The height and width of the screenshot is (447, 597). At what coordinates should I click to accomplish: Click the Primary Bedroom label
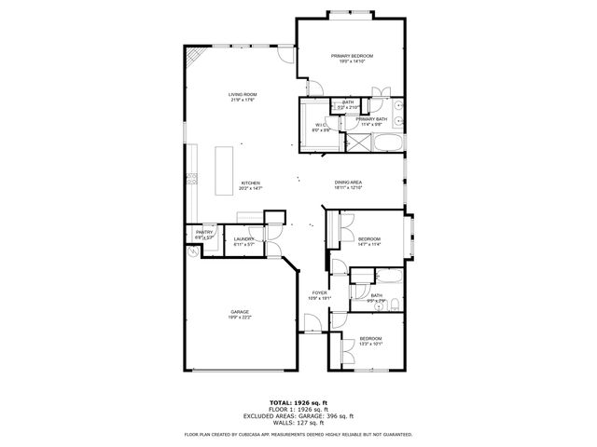[x=352, y=56]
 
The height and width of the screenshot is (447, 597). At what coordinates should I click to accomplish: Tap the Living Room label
[x=243, y=94]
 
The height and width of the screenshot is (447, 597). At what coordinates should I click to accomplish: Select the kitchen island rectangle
[x=224, y=170]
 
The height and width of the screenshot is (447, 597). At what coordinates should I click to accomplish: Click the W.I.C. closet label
[x=319, y=125]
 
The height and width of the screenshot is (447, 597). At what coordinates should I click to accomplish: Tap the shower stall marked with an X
[x=357, y=143]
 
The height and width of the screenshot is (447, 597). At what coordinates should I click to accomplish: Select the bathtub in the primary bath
[x=387, y=143]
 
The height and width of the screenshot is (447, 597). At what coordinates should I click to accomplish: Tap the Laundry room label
[x=244, y=238]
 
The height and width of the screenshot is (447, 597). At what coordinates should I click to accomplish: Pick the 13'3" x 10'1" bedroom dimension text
[x=370, y=344]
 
